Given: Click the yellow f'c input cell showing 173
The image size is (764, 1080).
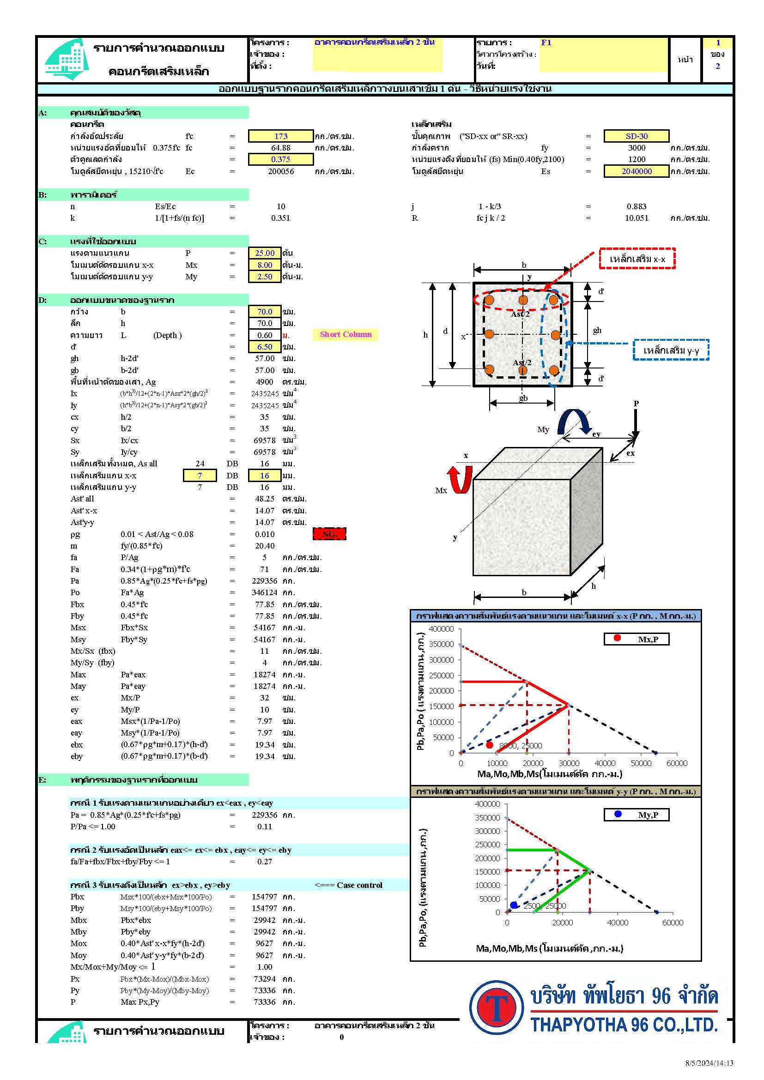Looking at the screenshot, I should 281,136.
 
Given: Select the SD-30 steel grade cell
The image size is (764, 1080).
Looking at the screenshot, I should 636,136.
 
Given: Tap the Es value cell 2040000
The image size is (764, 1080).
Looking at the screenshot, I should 636,171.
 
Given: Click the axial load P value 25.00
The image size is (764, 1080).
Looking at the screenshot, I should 264,253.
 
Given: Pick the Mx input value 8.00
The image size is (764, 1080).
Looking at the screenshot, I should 264,265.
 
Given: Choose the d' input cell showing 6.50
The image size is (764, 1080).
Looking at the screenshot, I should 264,347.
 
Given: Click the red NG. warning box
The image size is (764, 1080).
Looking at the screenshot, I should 329,534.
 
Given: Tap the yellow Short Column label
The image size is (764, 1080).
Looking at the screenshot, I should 346,334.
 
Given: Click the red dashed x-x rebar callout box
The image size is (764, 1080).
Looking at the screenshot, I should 637,259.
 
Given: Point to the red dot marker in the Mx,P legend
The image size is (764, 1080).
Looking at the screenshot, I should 617,638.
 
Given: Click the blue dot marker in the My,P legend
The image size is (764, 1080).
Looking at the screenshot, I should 618,814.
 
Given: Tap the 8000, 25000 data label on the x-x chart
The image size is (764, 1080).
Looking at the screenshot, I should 520,746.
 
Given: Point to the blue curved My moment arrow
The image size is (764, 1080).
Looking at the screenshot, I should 574,422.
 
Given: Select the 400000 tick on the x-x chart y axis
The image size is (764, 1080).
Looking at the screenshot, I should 441,629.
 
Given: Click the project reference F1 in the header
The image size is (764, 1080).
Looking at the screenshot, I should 546,43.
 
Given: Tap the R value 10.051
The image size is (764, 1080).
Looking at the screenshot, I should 636,218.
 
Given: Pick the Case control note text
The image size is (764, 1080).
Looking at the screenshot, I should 349,885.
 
